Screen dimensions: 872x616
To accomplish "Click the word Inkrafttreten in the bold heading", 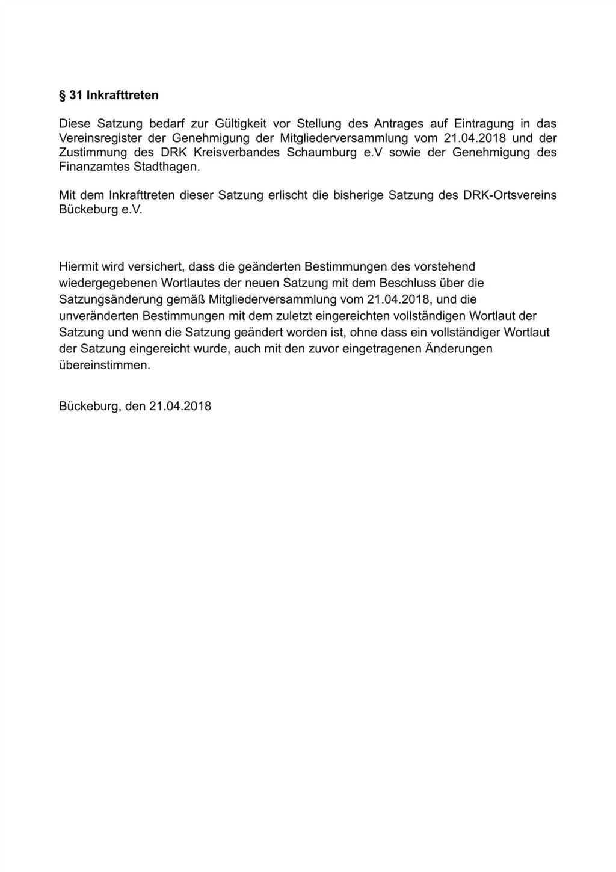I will pyautogui.click(x=123, y=95).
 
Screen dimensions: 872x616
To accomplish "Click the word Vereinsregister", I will pyautogui.click(x=99, y=138).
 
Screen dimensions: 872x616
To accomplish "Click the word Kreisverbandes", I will pyautogui.click(x=237, y=152).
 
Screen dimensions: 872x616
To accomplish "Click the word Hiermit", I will pyautogui.click(x=78, y=266).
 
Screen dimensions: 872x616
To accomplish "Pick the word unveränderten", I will pyautogui.click(x=99, y=316).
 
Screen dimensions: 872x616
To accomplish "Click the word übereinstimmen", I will pyautogui.click(x=105, y=365).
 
